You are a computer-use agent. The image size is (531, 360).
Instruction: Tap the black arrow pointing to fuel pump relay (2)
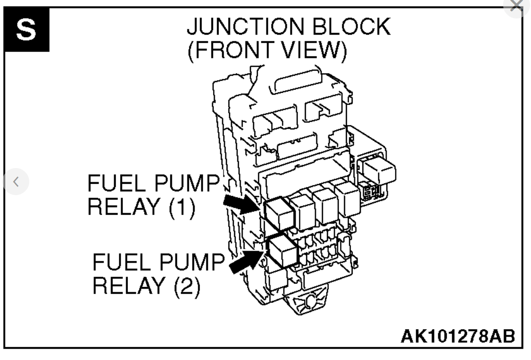pyautogui.click(x=245, y=263)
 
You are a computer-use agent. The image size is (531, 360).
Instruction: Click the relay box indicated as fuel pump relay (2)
pyautogui.click(x=283, y=251)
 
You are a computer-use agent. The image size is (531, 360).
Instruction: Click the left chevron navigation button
pyautogui.click(x=16, y=182)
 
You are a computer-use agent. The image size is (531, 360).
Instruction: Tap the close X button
pyautogui.click(x=517, y=5)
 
